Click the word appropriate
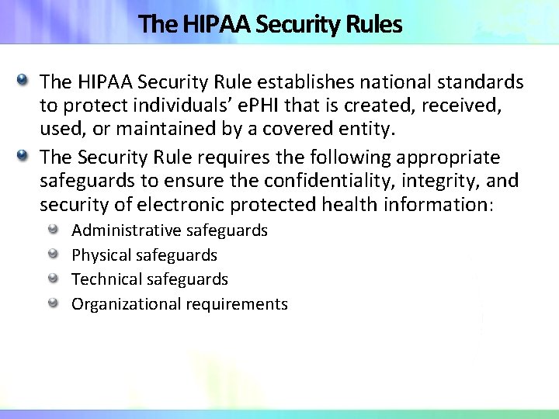(x=448, y=158)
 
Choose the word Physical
(x=101, y=255)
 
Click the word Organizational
(x=126, y=304)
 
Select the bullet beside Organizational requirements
(x=53, y=303)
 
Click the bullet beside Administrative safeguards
(x=53, y=230)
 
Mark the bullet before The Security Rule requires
(x=24, y=156)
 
